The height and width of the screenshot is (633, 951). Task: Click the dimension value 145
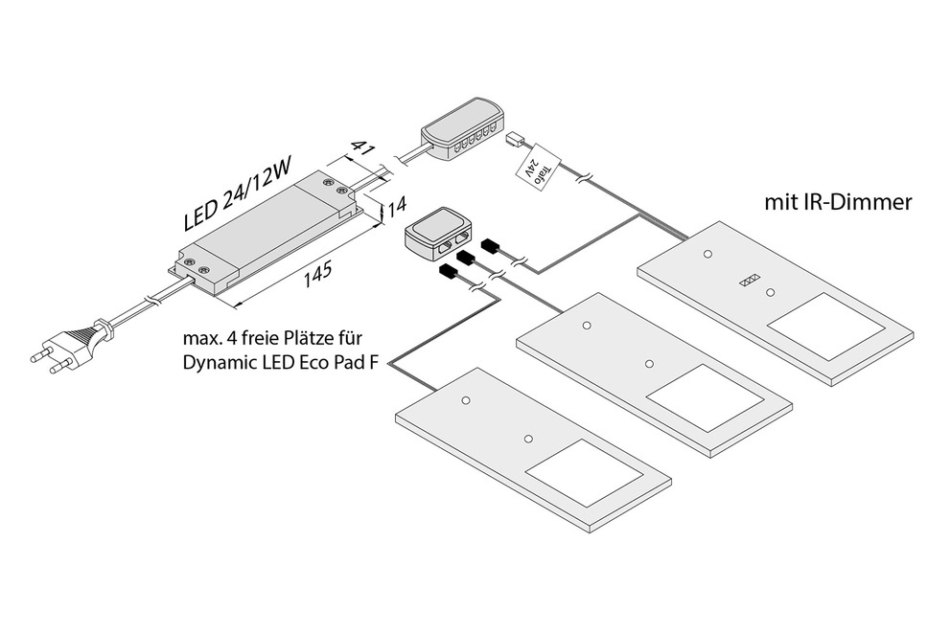pyautogui.click(x=317, y=274)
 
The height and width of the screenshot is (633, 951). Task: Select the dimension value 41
pyautogui.click(x=361, y=147)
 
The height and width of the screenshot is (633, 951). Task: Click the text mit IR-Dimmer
pyautogui.click(x=836, y=203)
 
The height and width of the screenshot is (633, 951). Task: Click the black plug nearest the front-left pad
pyautogui.click(x=448, y=273)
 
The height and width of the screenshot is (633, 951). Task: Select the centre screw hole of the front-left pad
pyautogui.click(x=527, y=439)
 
